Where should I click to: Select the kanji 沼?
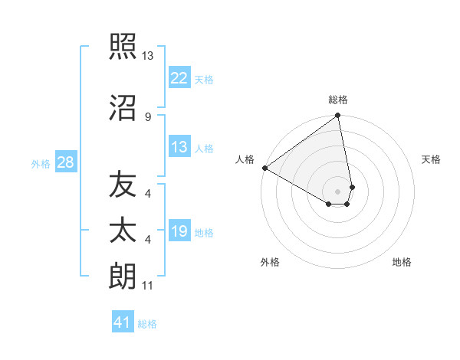tap(123, 109)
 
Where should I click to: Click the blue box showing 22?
tap(179, 78)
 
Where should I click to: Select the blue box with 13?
tap(179, 147)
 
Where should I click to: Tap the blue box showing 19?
tap(179, 231)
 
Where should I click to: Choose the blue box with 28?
tap(65, 163)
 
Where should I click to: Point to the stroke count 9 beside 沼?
tap(147, 116)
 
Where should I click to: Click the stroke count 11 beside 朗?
tap(147, 286)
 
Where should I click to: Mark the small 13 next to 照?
tap(147, 55)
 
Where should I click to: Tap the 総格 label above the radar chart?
tap(338, 100)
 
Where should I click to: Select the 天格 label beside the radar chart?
tap(432, 159)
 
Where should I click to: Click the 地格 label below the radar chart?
tap(402, 262)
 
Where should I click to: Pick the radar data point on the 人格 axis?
tap(264, 168)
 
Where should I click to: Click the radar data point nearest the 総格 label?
tap(338, 116)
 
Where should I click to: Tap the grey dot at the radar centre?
tap(338, 191)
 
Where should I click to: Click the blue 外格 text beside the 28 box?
tap(41, 164)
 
